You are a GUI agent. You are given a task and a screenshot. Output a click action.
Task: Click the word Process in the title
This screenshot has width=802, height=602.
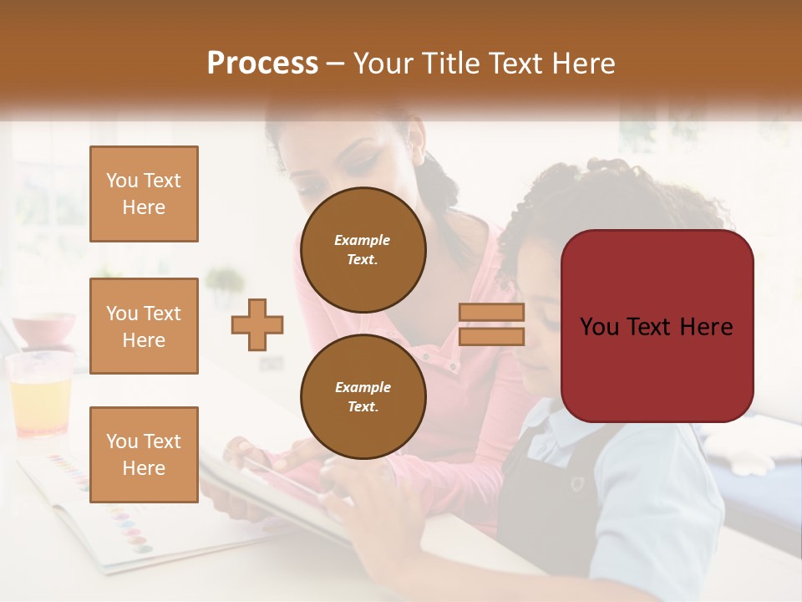click(x=262, y=64)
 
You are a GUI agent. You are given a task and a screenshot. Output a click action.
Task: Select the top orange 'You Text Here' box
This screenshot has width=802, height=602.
click(x=144, y=194)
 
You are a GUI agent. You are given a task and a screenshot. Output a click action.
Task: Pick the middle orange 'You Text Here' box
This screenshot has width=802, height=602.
click(x=144, y=326)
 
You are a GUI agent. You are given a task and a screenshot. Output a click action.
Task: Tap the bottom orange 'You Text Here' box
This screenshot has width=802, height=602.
click(x=144, y=455)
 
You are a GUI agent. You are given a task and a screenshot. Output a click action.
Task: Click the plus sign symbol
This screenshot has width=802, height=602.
click(x=257, y=325)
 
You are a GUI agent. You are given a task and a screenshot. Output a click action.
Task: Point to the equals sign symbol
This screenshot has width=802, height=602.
click(x=491, y=324)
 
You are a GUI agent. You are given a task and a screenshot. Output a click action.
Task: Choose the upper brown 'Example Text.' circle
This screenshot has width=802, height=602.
click(x=363, y=249)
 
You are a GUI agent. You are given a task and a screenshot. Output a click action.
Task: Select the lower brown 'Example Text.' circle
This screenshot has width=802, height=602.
click(x=363, y=396)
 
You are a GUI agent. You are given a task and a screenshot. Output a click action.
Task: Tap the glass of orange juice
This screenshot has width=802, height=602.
click(x=38, y=397)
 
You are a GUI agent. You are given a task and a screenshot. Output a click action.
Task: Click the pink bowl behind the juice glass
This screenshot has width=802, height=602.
click(x=43, y=329)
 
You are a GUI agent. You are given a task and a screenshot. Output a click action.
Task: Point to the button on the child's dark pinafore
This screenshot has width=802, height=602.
click(x=577, y=482)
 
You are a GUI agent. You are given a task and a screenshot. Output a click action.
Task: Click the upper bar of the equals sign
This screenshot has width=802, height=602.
click(x=491, y=313)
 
